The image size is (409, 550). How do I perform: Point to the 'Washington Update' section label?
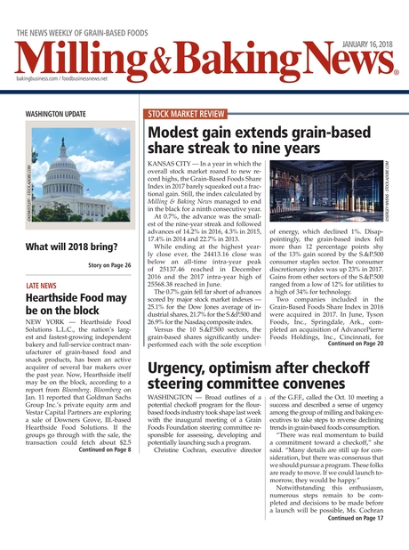coord(56,114)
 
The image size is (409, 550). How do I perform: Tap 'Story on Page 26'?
coord(109,265)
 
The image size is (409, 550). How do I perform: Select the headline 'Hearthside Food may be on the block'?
coord(75,304)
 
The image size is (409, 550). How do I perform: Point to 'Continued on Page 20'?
coord(356,344)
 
